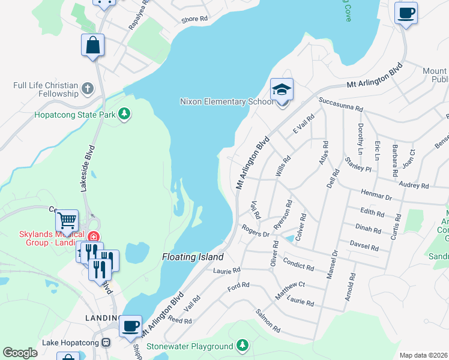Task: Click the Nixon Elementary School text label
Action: coord(226,101)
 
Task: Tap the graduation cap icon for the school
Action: coord(282,90)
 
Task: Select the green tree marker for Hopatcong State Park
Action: coord(124,113)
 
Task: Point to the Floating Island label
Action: coord(193,257)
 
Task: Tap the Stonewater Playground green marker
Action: coord(242,346)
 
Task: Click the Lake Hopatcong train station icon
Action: coord(106,343)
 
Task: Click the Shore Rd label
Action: coord(194,19)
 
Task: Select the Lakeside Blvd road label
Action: coord(85,169)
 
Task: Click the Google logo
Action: coord(20,353)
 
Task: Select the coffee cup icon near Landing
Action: coord(130,327)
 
